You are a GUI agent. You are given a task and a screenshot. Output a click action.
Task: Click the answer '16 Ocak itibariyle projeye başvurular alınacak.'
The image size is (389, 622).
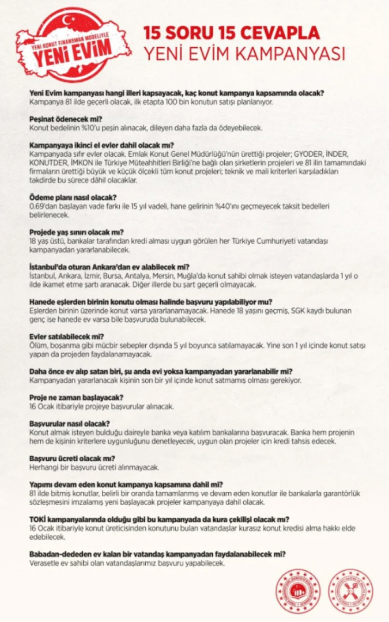pos(101,406)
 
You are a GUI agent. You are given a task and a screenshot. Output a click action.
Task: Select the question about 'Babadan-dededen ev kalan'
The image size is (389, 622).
pos(157,554)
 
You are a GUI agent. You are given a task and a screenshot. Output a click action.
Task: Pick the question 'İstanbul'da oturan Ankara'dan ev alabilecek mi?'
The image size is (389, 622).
pos(109,267)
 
